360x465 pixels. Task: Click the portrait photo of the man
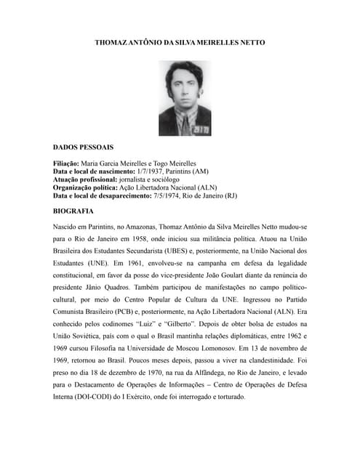tap(185, 98)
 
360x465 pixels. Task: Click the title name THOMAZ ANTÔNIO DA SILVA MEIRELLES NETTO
tap(180, 43)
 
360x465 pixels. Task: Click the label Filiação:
tap(66, 163)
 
